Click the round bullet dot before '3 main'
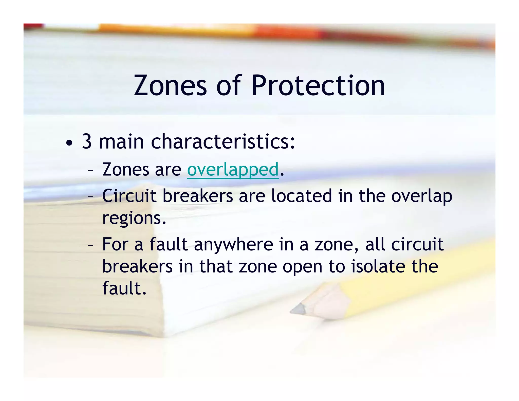click(x=69, y=143)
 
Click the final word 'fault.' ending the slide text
click(x=124, y=288)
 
